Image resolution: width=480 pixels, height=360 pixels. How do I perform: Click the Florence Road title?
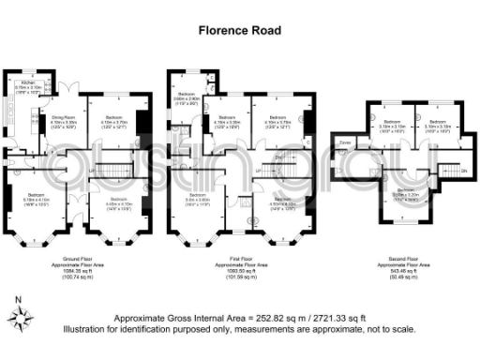pos(239,29)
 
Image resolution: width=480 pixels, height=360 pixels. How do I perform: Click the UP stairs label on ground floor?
pos(91,171)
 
